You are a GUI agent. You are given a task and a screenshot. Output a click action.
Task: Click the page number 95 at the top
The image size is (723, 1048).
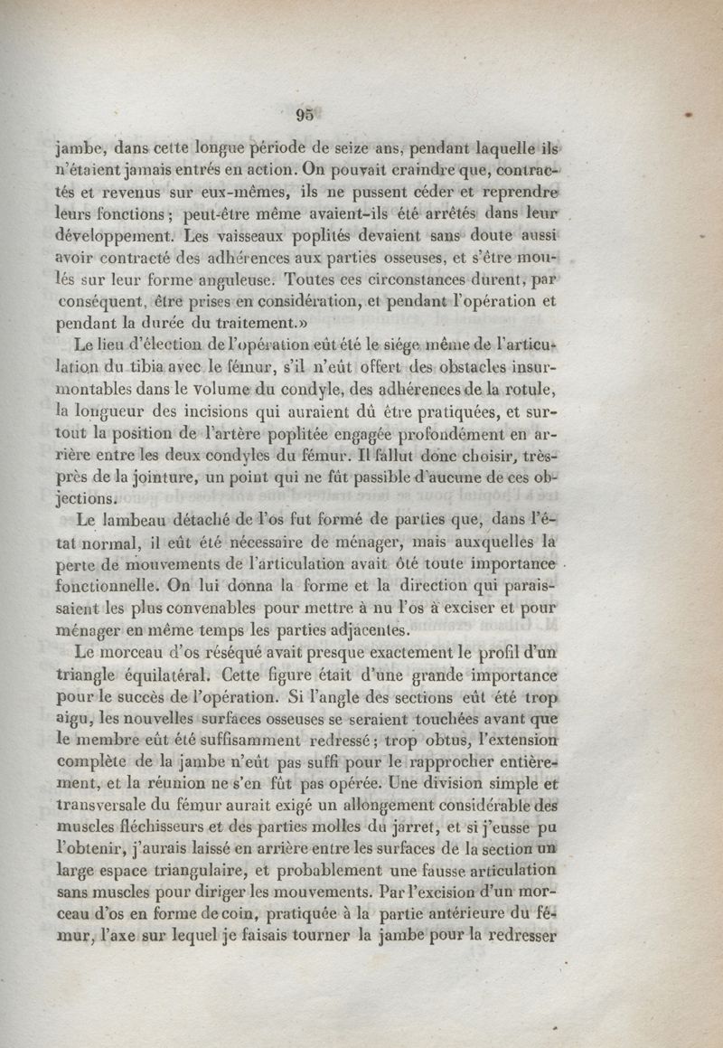pyautogui.click(x=304, y=114)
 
